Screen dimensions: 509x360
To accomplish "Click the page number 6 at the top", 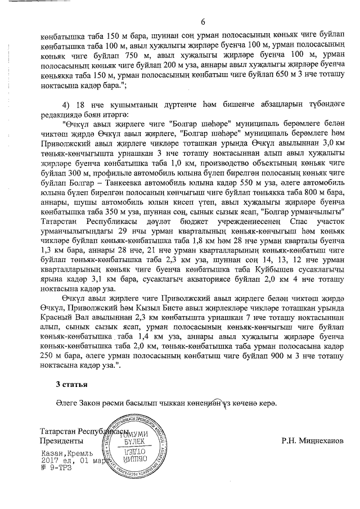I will point(202,22).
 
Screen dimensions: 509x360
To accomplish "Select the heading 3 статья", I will point(70,384).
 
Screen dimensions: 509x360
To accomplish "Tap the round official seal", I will point(134,448).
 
